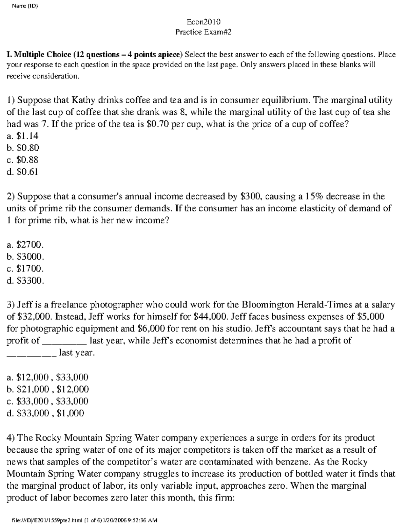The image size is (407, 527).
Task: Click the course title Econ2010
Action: [203, 22]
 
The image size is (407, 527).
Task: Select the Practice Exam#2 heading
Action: [203, 32]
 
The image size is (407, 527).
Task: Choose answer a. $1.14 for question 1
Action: [23, 136]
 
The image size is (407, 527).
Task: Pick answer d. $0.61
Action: [23, 172]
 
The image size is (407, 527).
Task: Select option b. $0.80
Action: [23, 148]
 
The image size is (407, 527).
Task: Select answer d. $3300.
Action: [25, 281]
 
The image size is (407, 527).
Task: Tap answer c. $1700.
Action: [25, 269]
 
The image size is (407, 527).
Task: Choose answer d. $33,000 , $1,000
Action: [45, 413]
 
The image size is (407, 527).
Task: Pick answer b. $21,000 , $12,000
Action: [48, 389]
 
